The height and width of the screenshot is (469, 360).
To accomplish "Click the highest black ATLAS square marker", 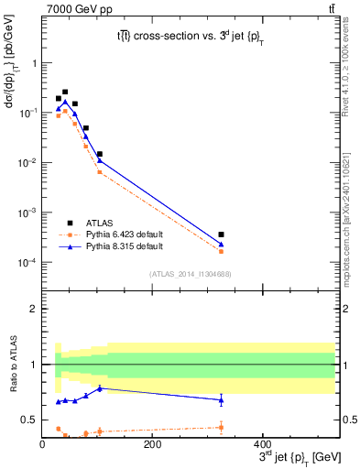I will point(65,92).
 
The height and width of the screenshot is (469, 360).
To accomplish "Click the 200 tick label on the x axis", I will point(153,444).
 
